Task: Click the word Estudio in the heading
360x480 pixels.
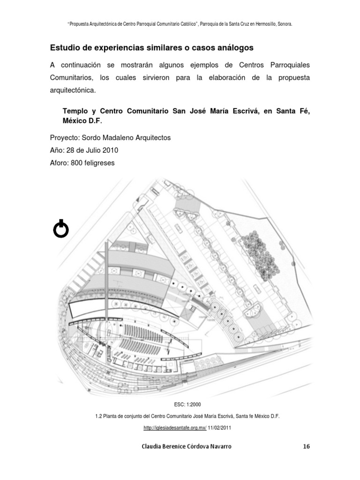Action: [x=65, y=48]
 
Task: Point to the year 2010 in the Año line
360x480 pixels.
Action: [x=110, y=150]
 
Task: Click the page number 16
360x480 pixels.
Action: [x=306, y=446]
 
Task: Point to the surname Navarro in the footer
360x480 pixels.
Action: [x=216, y=446]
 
